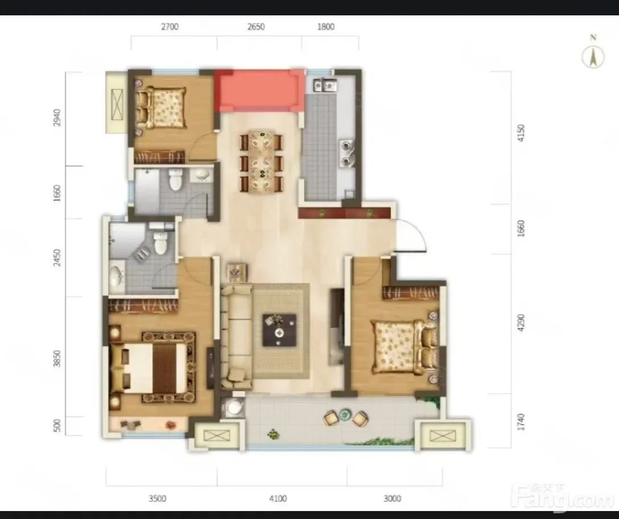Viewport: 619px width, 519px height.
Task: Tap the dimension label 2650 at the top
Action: (256, 27)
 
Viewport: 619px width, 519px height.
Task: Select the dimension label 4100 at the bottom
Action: (278, 499)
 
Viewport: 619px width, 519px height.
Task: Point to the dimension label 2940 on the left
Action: (57, 117)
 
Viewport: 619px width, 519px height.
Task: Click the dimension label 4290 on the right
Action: (521, 322)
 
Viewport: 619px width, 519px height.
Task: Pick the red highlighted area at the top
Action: (259, 90)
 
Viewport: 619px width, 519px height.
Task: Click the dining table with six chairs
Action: (261, 162)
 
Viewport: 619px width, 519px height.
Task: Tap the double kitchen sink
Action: (325, 85)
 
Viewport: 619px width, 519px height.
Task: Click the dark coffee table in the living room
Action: (279, 330)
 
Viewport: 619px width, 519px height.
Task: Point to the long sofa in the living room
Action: (237, 336)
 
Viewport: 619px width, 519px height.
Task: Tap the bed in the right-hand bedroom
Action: (405, 347)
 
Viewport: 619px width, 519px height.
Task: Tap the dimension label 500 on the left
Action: (57, 426)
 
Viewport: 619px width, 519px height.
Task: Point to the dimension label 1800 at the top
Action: (325, 27)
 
